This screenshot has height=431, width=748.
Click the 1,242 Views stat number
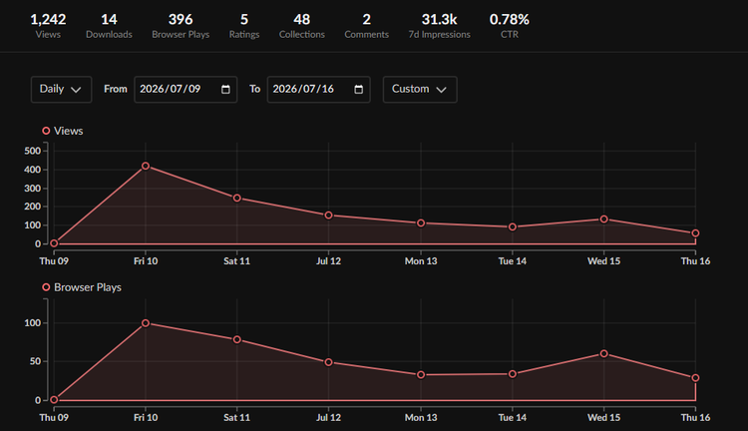(48, 19)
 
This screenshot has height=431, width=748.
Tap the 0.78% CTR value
(509, 19)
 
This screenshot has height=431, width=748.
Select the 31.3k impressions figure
(439, 19)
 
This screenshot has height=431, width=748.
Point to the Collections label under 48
(301, 34)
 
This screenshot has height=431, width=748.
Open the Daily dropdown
(61, 89)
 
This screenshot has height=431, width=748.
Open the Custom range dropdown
(420, 89)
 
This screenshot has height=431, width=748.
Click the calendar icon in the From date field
(225, 89)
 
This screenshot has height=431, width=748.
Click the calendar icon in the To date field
(359, 89)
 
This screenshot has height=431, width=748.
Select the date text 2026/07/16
(303, 89)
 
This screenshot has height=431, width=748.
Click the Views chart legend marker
(46, 131)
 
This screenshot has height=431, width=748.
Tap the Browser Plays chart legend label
(88, 287)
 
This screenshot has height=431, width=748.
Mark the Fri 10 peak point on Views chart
(146, 166)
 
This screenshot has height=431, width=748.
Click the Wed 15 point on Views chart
(604, 219)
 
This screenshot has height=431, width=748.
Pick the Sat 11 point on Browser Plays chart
(237, 340)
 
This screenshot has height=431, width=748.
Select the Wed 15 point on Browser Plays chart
(604, 353)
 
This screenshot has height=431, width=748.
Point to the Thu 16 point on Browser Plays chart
(695, 378)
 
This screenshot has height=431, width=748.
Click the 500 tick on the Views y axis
(33, 151)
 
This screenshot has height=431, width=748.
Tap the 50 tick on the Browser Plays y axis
(35, 361)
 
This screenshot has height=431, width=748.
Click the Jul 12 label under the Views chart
(328, 261)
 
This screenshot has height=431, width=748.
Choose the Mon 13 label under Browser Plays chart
(421, 418)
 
